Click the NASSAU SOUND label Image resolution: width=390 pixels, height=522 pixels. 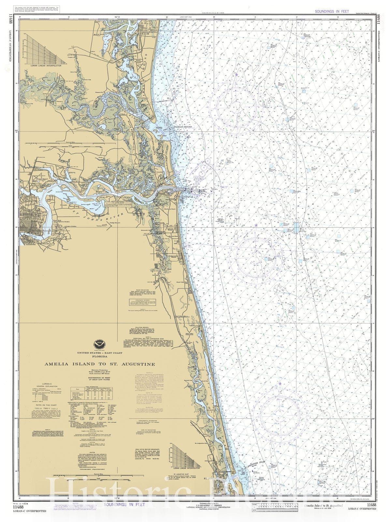[184, 127]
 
